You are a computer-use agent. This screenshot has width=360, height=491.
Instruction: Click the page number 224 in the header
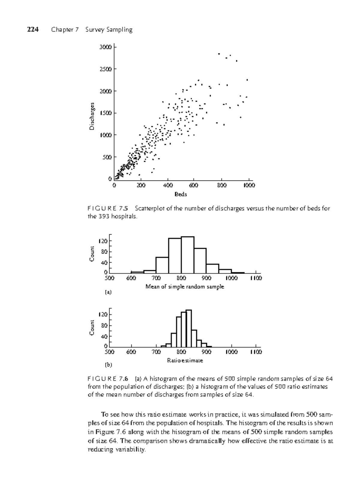(33, 29)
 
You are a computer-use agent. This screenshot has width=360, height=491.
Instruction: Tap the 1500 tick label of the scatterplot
(106, 113)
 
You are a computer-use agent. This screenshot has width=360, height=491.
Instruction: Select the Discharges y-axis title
(92, 116)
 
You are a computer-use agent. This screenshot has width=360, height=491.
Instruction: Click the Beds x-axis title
(181, 194)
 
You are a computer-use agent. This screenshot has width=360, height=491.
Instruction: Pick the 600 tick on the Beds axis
(194, 185)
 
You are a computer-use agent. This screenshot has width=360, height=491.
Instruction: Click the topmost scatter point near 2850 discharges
(219, 54)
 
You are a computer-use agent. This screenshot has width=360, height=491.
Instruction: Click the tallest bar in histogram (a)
(187, 255)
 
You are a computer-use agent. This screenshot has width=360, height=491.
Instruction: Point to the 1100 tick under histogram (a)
(256, 278)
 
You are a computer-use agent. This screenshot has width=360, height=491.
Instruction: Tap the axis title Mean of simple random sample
(185, 287)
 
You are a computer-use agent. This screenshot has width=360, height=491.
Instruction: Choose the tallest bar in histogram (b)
(189, 328)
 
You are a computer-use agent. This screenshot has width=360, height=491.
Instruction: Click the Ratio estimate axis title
(185, 360)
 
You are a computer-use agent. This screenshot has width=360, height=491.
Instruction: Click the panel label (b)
(108, 365)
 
